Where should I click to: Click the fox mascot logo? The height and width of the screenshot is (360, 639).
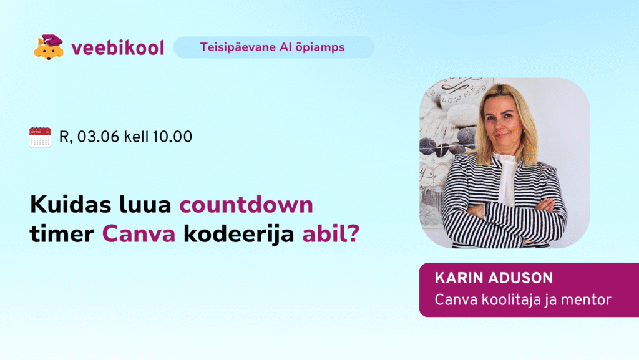(49, 47)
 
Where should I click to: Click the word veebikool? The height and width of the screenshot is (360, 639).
(118, 47)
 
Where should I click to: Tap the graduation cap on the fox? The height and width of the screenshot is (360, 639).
(52, 41)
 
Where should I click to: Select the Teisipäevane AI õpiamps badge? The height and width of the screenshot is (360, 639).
(274, 47)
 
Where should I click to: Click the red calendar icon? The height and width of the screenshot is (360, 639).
(40, 137)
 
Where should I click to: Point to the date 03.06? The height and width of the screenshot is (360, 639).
(98, 137)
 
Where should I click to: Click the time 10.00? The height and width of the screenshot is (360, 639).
(172, 137)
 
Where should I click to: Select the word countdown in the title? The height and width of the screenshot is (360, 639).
(246, 205)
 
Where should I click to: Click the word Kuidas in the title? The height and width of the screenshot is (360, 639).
(71, 204)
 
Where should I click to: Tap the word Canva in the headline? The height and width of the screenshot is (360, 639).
(139, 234)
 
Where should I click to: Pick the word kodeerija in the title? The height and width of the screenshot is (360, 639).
(239, 235)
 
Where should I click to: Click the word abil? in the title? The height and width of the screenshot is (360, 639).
(331, 234)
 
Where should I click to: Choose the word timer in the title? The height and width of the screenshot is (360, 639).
(62, 234)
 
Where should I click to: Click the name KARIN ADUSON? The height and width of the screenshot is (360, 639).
(494, 278)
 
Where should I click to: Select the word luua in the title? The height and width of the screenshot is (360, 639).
(145, 205)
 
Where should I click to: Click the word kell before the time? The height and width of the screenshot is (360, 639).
(136, 137)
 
